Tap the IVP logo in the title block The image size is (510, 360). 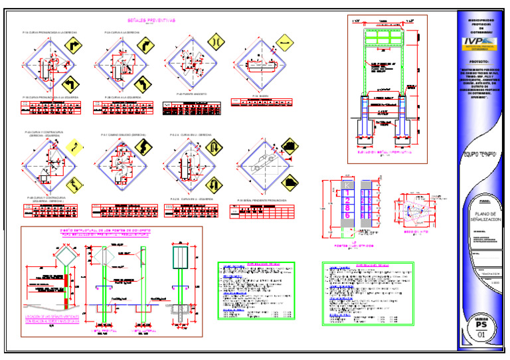(479, 43)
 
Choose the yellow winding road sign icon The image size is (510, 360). (76, 145)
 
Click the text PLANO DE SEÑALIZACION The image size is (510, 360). (481, 215)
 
